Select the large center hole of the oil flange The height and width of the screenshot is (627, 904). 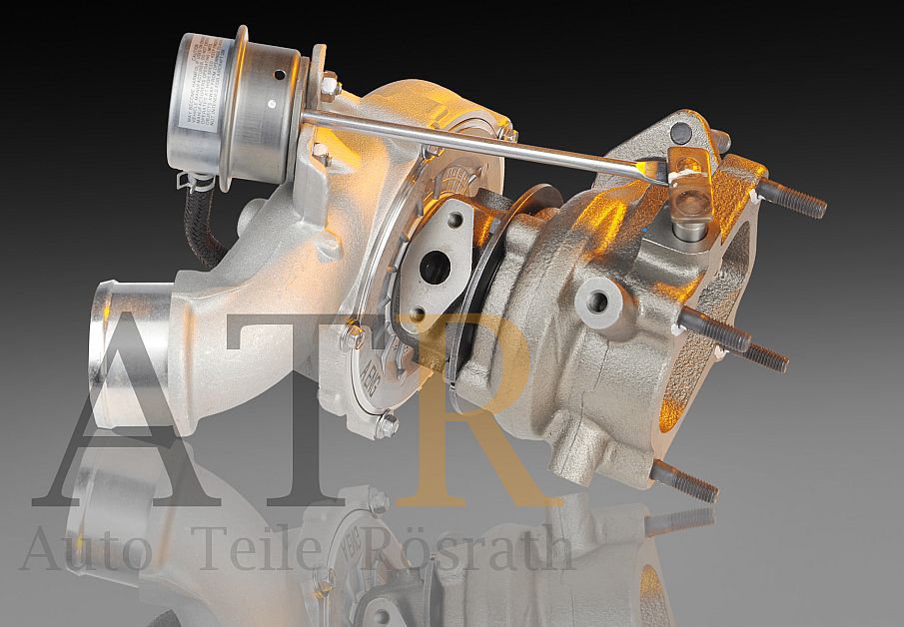click(434, 267)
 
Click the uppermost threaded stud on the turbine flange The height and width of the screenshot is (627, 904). click(793, 198)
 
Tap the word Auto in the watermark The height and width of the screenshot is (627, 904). click(86, 549)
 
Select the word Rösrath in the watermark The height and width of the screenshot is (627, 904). click(474, 549)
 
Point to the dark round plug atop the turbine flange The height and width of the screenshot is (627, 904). click(682, 131)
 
